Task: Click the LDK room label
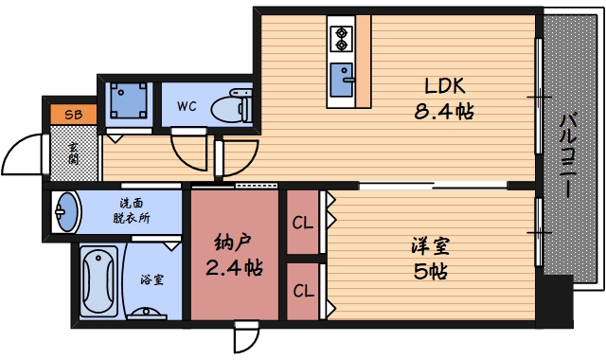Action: coord(444,86)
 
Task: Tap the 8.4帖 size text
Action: coord(444,112)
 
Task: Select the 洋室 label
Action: coord(431,246)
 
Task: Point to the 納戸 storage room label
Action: coord(233,242)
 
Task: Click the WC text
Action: coord(187,106)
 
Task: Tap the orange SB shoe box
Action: coord(74,115)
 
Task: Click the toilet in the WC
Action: coord(231,106)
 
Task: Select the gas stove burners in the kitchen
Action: coord(341,39)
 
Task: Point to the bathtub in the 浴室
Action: coord(98,281)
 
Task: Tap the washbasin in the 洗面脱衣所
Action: coord(66,212)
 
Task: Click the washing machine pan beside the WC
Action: coord(128,100)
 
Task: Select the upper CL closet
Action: coord(303,222)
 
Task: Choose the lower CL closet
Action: coord(303,291)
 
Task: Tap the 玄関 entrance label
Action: coord(74,153)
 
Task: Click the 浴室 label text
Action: coord(152,279)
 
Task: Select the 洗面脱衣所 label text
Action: coord(132,210)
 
